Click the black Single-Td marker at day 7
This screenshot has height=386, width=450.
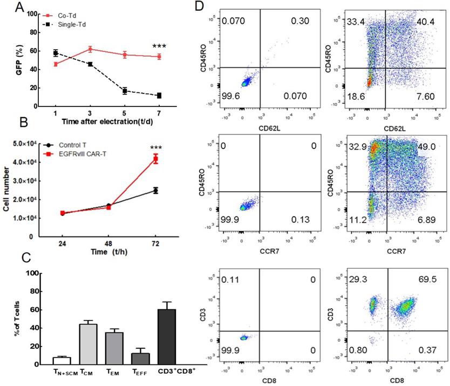(159, 96)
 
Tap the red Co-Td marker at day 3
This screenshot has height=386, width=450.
(90, 49)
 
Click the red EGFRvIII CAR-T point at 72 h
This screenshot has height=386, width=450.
(155, 159)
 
